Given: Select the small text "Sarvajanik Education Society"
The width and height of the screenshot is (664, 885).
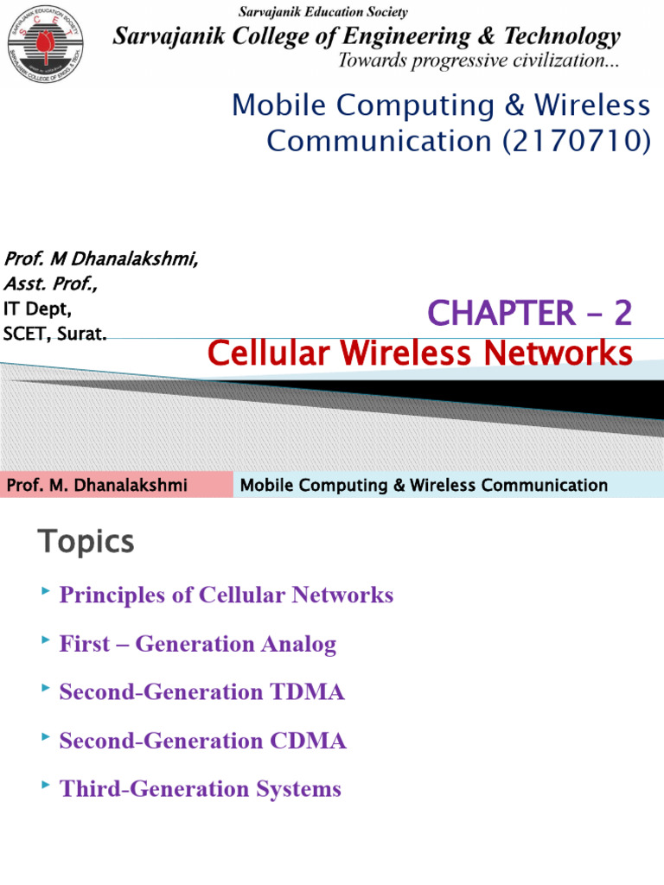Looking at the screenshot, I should click(322, 12).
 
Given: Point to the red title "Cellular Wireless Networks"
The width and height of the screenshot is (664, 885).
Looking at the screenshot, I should click(420, 353).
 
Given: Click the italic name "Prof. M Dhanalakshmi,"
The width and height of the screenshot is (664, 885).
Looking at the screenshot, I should click(101, 258).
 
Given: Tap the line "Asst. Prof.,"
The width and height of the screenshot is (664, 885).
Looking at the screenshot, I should click(51, 283).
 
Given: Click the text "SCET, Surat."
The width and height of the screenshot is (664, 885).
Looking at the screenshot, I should click(55, 333).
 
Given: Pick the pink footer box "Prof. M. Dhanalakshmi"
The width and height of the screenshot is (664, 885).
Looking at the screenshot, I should click(97, 485).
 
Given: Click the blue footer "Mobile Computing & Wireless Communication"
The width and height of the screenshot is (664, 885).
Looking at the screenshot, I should click(424, 485).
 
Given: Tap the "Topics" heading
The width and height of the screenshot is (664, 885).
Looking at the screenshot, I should click(86, 542).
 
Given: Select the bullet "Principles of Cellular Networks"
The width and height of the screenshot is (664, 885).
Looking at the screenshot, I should click(226, 595).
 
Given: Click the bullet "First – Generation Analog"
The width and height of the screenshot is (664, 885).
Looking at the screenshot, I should click(197, 644).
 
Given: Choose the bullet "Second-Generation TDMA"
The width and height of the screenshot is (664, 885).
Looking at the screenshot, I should click(201, 692).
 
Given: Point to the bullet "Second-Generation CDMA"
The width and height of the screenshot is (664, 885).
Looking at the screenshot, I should click(202, 741).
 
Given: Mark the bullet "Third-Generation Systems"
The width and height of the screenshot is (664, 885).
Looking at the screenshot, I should click(200, 789).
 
